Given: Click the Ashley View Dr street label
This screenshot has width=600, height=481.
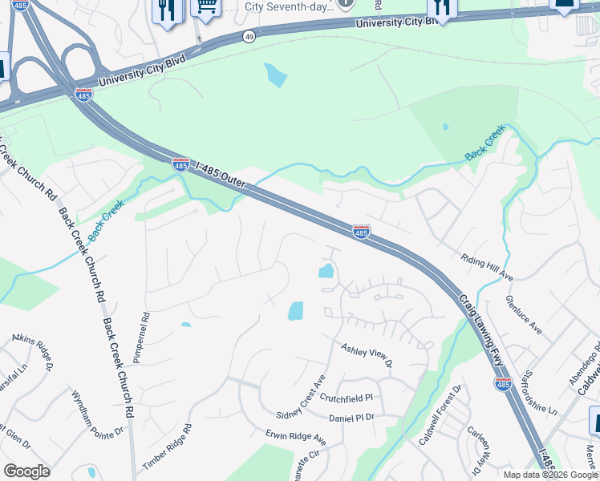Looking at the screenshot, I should [366, 355].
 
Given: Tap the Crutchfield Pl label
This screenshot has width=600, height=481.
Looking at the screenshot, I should [347, 398].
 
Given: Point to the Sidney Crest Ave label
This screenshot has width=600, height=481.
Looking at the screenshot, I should [301, 397].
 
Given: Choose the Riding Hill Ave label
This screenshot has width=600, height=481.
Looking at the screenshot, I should [486, 268].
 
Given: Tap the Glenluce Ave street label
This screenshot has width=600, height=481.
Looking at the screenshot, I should [525, 314].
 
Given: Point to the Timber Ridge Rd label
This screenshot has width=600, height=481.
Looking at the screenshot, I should [168, 447].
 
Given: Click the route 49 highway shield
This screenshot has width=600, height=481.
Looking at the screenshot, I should [250, 36].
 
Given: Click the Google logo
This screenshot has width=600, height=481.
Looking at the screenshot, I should [26, 471].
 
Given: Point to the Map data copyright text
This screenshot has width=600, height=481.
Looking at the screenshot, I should [551, 475].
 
